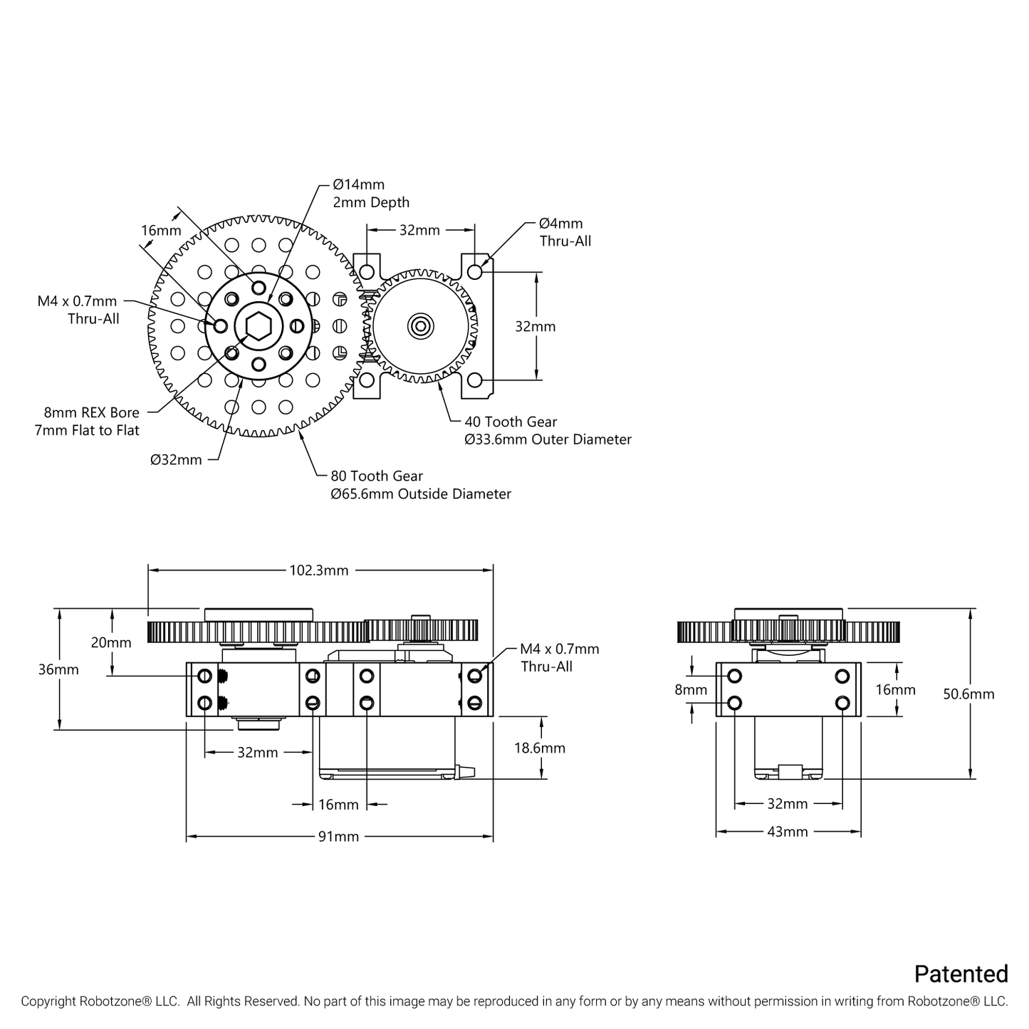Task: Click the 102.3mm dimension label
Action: click(319, 570)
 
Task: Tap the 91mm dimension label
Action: click(338, 837)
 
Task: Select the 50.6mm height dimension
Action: click(968, 694)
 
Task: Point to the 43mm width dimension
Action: click(787, 832)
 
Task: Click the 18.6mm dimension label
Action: click(540, 748)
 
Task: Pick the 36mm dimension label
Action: click(59, 670)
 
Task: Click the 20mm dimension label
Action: click(111, 643)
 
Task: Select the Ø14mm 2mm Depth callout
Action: click(371, 194)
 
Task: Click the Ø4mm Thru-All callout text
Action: click(565, 233)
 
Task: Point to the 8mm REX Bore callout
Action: click(87, 422)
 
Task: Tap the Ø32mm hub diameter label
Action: click(176, 460)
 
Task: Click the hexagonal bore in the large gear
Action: click(257, 326)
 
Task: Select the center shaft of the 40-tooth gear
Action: click(420, 326)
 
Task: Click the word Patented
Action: click(961, 974)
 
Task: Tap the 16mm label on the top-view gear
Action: click(161, 231)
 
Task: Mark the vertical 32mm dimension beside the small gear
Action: click(536, 327)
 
